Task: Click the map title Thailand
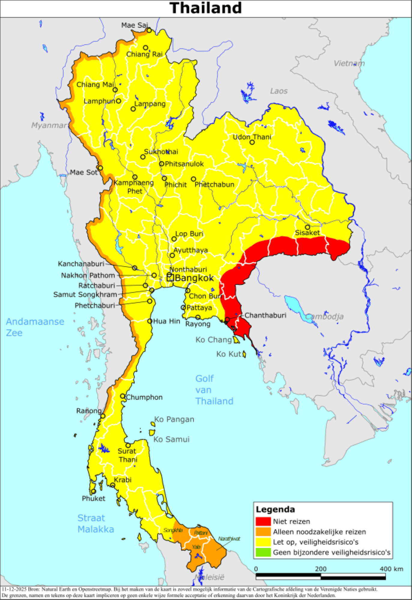(206, 8)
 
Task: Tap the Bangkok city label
(194, 278)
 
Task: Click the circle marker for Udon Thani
(252, 142)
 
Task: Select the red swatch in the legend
(263, 521)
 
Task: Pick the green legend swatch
(263, 552)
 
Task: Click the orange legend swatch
(263, 532)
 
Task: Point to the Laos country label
(278, 91)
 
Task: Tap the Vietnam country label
(349, 63)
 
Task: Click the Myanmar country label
(49, 125)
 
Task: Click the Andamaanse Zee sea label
(35, 327)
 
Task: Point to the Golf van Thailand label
(214, 390)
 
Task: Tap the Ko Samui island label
(171, 439)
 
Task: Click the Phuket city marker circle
(94, 492)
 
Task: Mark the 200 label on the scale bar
(320, 569)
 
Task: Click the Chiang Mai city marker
(115, 90)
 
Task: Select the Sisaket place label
(307, 233)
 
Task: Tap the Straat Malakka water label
(95, 523)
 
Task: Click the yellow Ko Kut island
(244, 354)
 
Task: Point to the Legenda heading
(275, 509)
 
